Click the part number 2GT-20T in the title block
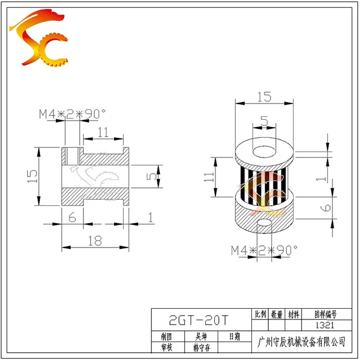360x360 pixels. pyautogui.click(x=199, y=321)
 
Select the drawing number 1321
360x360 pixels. pyautogui.click(x=326, y=325)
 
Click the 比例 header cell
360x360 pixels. pyautogui.click(x=260, y=314)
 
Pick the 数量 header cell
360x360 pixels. pyautogui.click(x=277, y=314)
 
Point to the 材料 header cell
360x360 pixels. pyautogui.click(x=294, y=314)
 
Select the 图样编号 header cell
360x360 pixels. pyautogui.click(x=326, y=314)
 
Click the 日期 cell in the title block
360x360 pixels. pyautogui.click(x=234, y=336)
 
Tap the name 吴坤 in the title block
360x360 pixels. pyautogui.click(x=200, y=336)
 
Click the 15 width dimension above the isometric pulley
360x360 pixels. pyautogui.click(x=264, y=97)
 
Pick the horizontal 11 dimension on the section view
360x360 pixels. pyautogui.click(x=103, y=133)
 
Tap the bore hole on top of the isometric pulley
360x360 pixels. pyautogui.click(x=264, y=152)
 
